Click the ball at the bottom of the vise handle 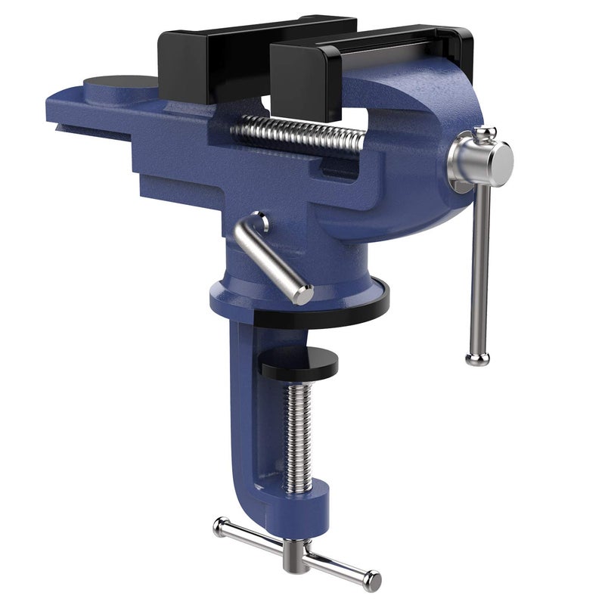click(477, 358)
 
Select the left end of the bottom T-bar click(221, 526)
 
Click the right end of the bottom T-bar click(371, 580)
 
